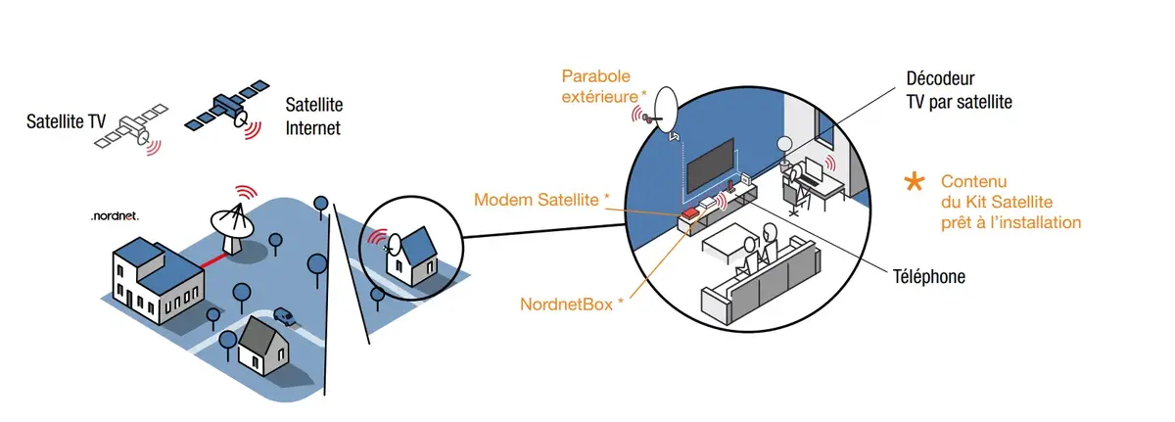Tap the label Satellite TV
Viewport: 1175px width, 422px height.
pyautogui.click(x=66, y=123)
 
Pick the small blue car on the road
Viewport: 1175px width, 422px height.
pyautogui.click(x=283, y=316)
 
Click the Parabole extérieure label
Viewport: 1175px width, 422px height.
pyautogui.click(x=603, y=85)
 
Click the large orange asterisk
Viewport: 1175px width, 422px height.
pyautogui.click(x=914, y=181)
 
